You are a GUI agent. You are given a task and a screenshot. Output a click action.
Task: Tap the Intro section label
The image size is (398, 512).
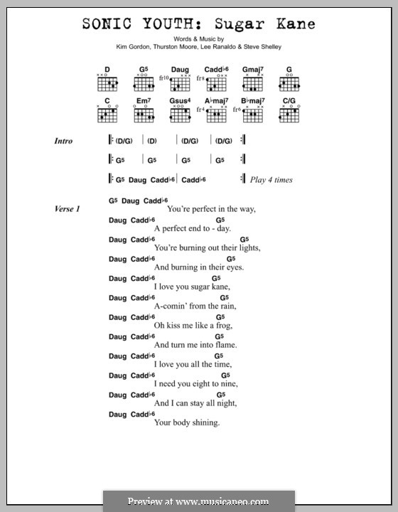[x=63, y=142]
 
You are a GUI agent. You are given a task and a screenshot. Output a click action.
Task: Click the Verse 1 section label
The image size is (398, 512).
[x=68, y=210]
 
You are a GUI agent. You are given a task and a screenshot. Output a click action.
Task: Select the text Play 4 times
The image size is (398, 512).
[x=271, y=180]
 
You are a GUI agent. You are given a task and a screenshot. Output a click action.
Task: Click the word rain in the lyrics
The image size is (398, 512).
[x=225, y=306]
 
